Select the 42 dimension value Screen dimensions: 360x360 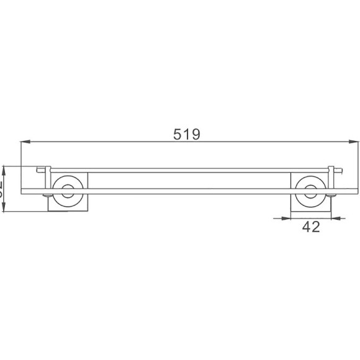(x=311, y=227)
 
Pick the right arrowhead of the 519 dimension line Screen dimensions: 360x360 (x=354, y=143)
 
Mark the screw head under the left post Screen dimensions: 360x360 (x=48, y=197)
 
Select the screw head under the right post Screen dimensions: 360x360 (x=331, y=197)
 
